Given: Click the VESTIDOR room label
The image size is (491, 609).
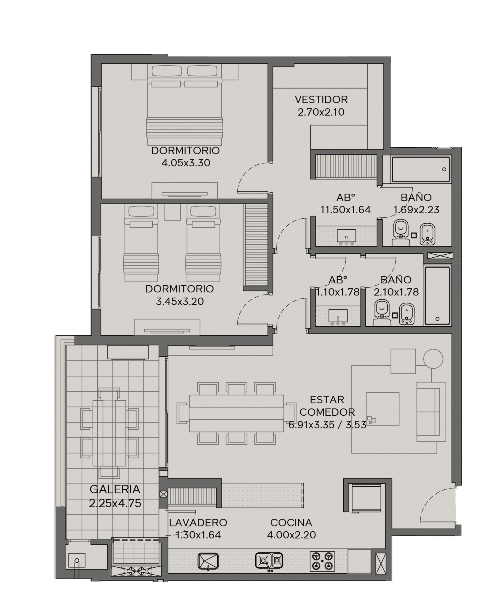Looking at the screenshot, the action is coord(321,99).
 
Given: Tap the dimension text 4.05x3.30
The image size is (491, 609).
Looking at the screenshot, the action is coord(186,163).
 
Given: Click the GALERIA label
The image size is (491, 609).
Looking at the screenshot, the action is coord(115,489).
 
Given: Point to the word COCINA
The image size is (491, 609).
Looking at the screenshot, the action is coord(291,522).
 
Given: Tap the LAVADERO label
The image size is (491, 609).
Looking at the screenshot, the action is coord(198,522).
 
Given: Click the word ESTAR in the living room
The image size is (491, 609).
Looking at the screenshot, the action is coord(327,400).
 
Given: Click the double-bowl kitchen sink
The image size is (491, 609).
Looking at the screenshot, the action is coord(269,561).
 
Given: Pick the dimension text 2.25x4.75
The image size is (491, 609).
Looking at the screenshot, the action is coord(115,503).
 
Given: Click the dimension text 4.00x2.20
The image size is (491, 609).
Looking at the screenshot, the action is coord(291,535).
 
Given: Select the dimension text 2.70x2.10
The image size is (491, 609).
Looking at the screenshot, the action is coord(321,112).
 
